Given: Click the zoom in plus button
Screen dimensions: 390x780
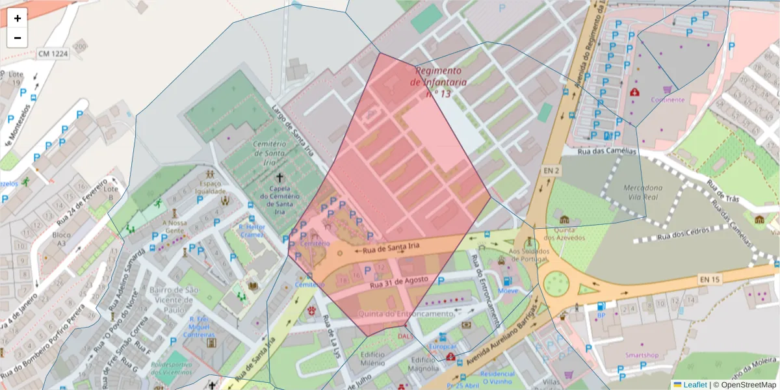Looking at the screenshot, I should click(x=18, y=18).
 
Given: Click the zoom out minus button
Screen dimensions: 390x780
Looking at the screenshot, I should click(x=18, y=38).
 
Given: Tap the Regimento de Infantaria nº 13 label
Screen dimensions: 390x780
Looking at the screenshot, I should click(x=439, y=82).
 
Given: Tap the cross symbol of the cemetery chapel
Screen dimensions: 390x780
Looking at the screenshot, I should click(x=280, y=177).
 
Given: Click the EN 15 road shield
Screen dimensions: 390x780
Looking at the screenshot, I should click(x=709, y=279).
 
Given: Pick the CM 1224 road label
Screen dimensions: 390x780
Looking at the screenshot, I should click(x=51, y=53).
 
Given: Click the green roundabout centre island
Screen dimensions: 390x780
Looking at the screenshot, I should click(x=556, y=284).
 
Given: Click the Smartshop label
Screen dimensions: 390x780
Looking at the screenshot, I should click(x=642, y=355).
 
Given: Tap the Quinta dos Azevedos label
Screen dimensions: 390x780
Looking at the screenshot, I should click(x=564, y=233).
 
